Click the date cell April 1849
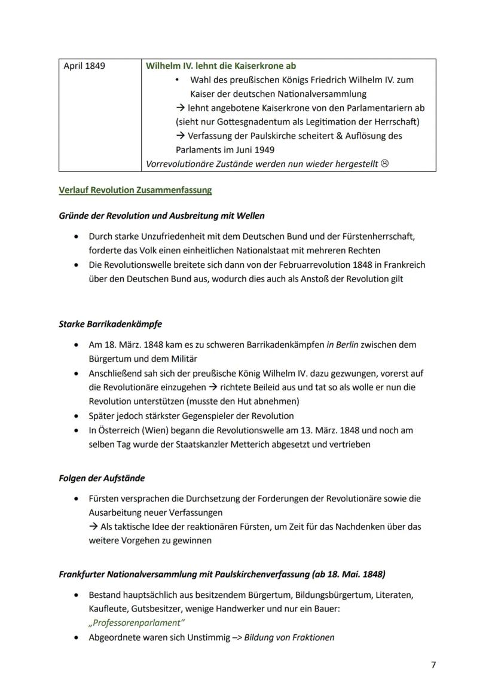point(84,66)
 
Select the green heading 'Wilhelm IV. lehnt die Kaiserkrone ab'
point(221,66)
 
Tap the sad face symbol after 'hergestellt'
point(384,164)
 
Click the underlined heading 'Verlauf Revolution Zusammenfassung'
point(135,191)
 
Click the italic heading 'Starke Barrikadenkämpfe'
point(111,324)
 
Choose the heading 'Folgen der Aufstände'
point(102,478)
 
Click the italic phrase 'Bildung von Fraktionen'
point(289,637)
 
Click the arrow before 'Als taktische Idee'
point(93,527)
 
